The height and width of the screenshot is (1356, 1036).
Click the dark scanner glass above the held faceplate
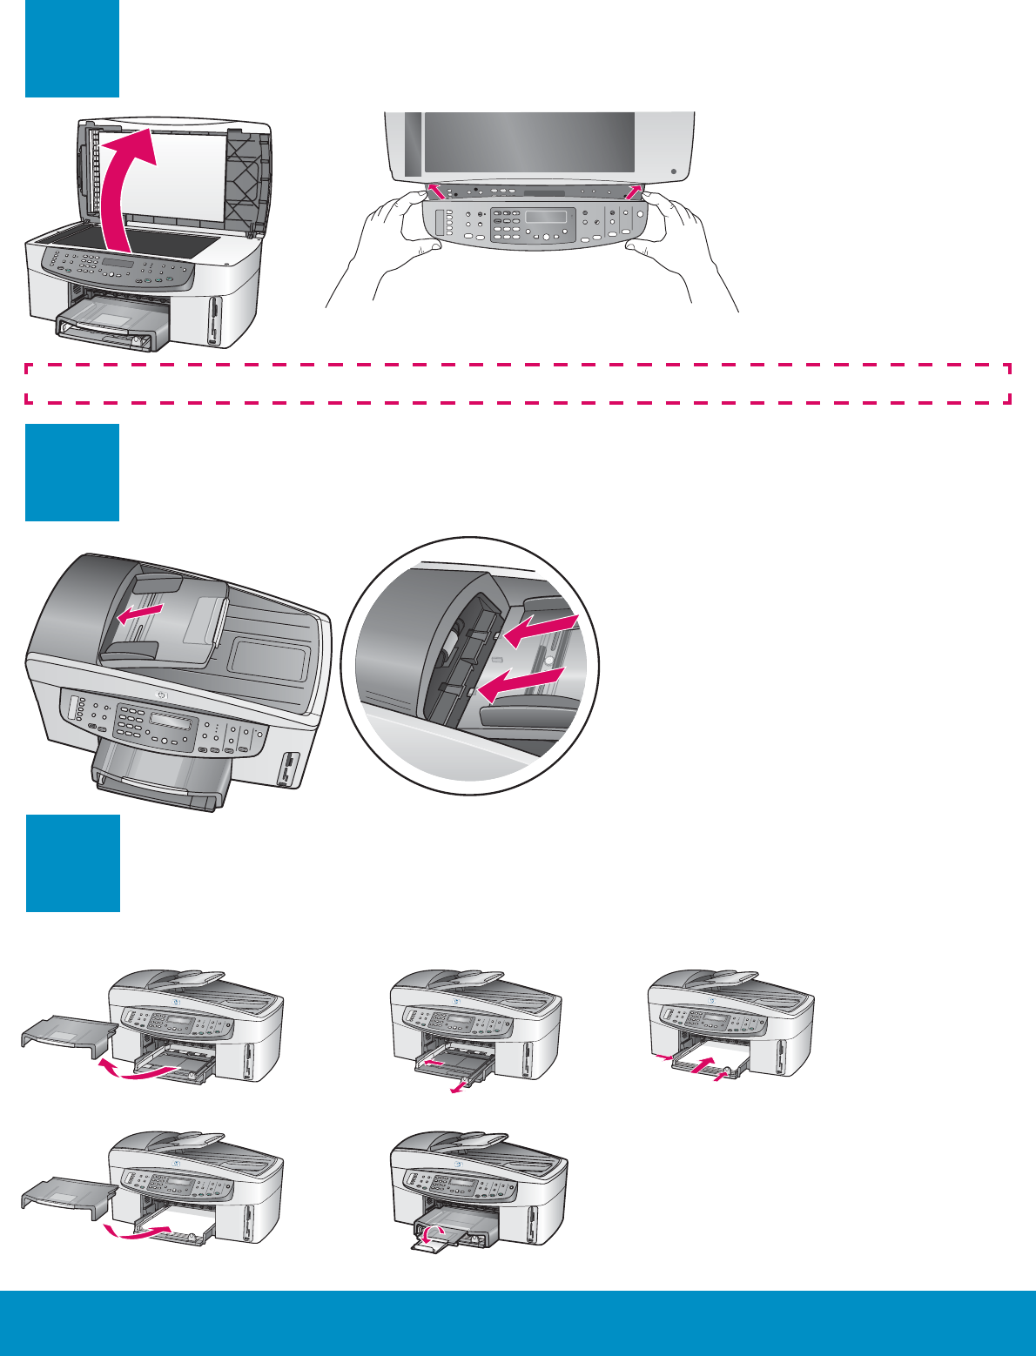(x=528, y=141)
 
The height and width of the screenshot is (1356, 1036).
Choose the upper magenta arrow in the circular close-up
(x=541, y=631)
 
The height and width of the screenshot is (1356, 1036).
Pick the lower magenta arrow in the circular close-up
(x=522, y=683)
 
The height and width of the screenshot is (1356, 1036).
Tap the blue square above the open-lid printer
(x=71, y=48)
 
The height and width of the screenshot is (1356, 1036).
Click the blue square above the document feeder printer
(x=71, y=472)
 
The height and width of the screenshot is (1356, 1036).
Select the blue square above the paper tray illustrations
(x=72, y=863)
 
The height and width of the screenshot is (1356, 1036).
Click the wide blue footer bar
(x=518, y=1323)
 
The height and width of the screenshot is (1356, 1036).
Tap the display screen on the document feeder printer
(x=172, y=722)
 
